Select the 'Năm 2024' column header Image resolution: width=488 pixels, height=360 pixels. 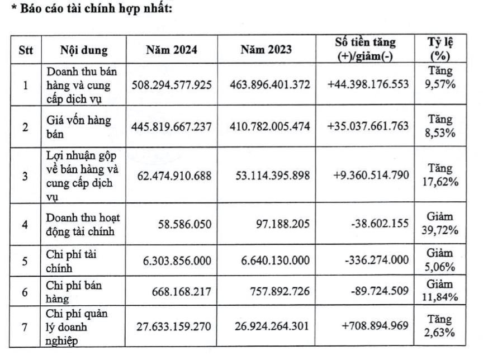[x=172, y=50]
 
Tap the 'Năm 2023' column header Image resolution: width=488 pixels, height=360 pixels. [x=266, y=50]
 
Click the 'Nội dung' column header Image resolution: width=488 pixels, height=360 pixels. [x=84, y=50]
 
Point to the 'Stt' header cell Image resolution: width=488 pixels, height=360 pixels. [x=26, y=50]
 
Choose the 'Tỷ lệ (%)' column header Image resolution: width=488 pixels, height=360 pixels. [x=440, y=49]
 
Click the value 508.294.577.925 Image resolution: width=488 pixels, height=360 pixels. [x=172, y=84]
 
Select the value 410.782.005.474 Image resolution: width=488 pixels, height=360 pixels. [x=269, y=127]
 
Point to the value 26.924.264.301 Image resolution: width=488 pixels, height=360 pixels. [x=269, y=326]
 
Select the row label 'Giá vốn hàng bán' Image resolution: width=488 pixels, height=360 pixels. [x=78, y=127]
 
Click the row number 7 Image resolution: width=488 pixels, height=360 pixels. [x=26, y=326]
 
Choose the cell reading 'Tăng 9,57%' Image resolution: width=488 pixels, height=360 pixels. [x=440, y=84]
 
